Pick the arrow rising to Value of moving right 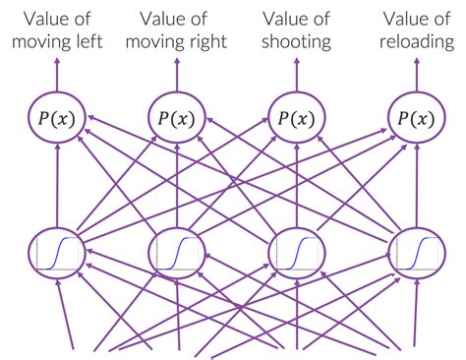(x=177, y=74)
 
